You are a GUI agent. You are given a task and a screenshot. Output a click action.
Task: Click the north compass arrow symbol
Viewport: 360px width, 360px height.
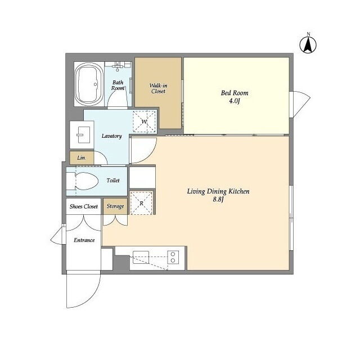(x=308, y=44)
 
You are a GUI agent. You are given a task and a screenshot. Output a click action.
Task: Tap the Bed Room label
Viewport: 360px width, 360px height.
(x=235, y=93)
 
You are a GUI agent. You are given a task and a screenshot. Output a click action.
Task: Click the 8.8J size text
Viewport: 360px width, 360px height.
(x=218, y=199)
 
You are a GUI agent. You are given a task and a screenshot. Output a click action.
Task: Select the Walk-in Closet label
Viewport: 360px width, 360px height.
(x=158, y=88)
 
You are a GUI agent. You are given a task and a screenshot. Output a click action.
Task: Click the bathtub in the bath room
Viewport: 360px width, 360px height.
(x=89, y=84)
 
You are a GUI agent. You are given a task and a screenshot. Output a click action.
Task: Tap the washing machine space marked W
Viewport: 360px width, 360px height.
(x=144, y=121)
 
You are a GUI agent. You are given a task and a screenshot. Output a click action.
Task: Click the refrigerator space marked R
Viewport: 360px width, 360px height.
(x=141, y=203)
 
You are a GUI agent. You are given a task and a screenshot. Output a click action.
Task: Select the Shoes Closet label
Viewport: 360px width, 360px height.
(x=84, y=206)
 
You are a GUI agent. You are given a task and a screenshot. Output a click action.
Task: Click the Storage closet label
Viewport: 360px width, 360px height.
(x=115, y=206)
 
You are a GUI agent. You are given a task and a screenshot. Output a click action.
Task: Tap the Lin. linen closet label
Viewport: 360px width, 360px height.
(x=81, y=158)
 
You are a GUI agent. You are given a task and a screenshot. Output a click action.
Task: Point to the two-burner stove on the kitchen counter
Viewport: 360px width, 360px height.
(x=173, y=257)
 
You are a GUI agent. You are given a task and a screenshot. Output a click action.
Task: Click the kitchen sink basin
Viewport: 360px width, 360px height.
(x=141, y=257)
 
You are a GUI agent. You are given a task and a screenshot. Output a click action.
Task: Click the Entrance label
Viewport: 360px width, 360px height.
(x=84, y=240)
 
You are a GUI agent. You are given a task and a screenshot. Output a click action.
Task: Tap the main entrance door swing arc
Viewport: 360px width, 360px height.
(x=94, y=296)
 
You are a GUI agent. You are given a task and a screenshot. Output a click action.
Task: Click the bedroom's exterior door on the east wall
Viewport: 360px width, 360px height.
(x=300, y=103)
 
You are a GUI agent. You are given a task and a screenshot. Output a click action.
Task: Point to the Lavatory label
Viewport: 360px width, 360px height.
(x=111, y=136)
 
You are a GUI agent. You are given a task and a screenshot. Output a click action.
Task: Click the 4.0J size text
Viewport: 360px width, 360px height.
(x=235, y=101)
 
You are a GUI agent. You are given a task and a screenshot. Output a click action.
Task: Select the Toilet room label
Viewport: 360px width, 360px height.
(x=113, y=181)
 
